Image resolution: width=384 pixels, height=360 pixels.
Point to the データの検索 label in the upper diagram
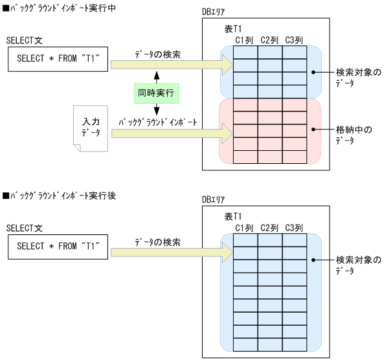coord(158,54)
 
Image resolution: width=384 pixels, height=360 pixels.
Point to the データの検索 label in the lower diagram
coord(158,241)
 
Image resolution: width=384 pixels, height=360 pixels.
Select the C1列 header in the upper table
coord(245,40)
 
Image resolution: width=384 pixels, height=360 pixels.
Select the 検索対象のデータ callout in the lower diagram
coord(358,265)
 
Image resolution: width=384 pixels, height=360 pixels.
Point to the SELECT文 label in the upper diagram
coord(24,40)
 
